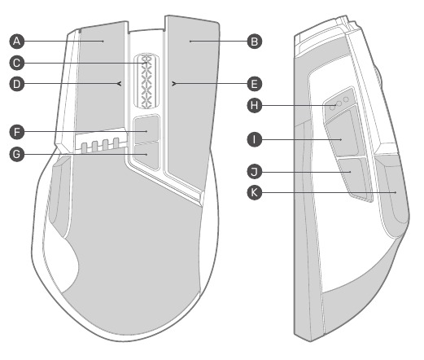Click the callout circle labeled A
pos(17,42)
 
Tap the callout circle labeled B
pos(255,42)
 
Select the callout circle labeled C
pos(17,63)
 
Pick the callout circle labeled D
pos(17,84)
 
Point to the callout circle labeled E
pos(255,84)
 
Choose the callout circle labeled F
pos(17,132)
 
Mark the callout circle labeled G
pos(17,155)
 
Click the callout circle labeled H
pos(255,105)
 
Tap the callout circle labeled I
pos(255,140)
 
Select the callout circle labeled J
pos(255,172)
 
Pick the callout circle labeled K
pos(255,193)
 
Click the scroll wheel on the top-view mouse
pos(146,81)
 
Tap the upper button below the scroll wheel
pos(146,129)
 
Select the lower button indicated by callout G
pos(146,156)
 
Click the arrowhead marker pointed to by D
pos(120,84)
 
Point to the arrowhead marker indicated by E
pos(174,84)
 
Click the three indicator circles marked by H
pos(339,103)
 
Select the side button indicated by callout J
pos(356,179)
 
